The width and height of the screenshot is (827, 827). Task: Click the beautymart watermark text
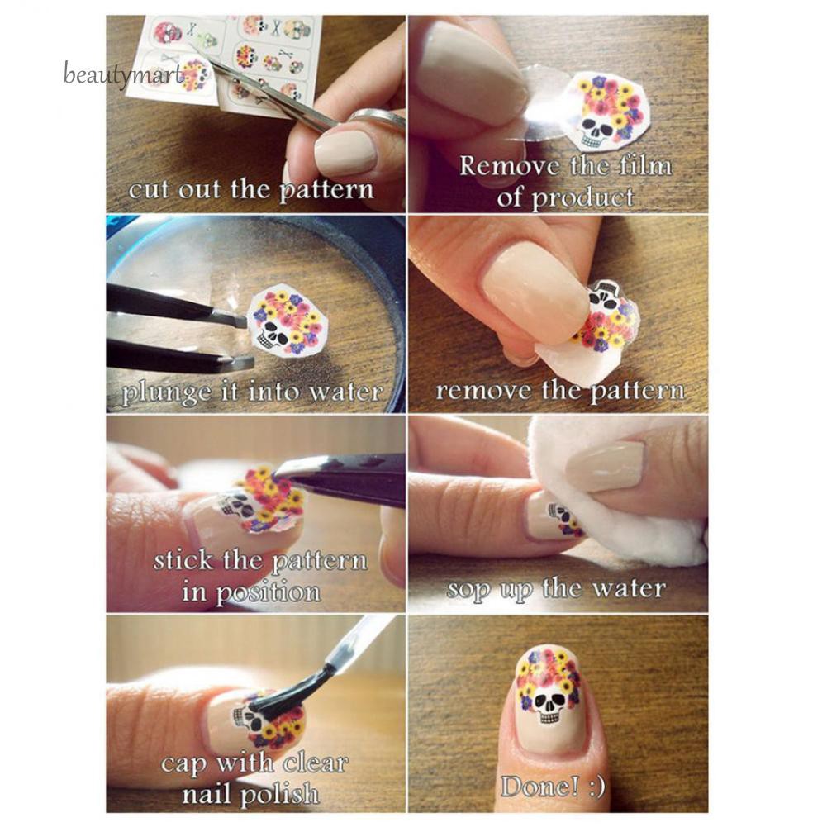[123, 76]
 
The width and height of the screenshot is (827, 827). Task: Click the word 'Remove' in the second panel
[504, 166]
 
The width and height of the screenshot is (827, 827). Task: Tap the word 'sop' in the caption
[468, 589]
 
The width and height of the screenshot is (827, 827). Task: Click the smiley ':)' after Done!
[592, 785]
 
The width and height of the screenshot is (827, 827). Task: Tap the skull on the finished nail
[546, 707]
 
